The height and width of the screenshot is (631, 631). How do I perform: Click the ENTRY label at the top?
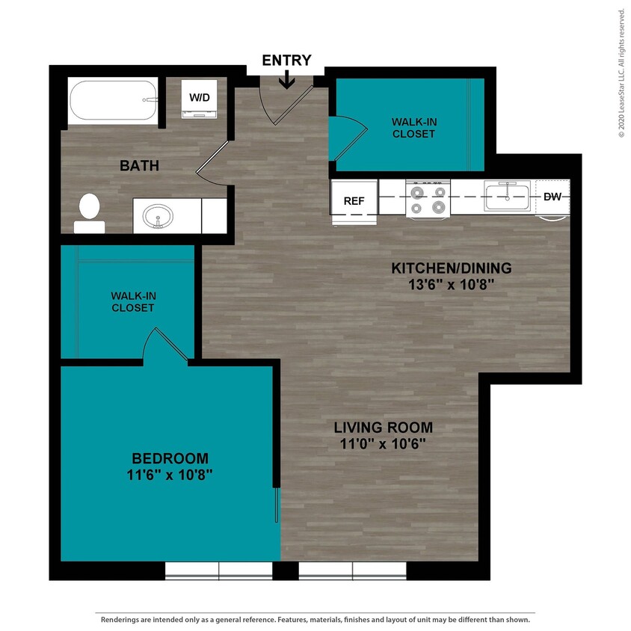pos(286,61)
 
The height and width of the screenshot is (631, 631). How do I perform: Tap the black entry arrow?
pos(286,79)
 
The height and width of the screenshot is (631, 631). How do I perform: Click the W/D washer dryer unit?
pos(200,99)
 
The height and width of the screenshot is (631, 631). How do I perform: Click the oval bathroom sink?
pos(158,218)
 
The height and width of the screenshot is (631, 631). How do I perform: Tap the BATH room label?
pos(139,165)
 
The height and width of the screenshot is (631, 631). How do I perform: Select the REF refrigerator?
pos(354,201)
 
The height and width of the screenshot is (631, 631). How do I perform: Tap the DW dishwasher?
pos(552,197)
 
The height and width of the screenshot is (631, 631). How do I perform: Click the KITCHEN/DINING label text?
pos(452,268)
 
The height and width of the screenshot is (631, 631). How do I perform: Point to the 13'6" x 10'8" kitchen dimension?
pos(452,284)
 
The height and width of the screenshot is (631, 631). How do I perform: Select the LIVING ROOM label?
pos(383,428)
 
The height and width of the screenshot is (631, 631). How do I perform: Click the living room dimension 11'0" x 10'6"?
pos(383,444)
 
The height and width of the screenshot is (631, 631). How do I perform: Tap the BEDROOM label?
pos(170,458)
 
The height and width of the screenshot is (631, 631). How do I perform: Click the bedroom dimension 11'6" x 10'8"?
pos(170,475)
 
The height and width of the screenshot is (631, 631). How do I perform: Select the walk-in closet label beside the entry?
pos(413,127)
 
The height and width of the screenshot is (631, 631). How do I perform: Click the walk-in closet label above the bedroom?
pos(133,301)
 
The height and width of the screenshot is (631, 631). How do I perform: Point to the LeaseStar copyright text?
pos(621,73)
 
